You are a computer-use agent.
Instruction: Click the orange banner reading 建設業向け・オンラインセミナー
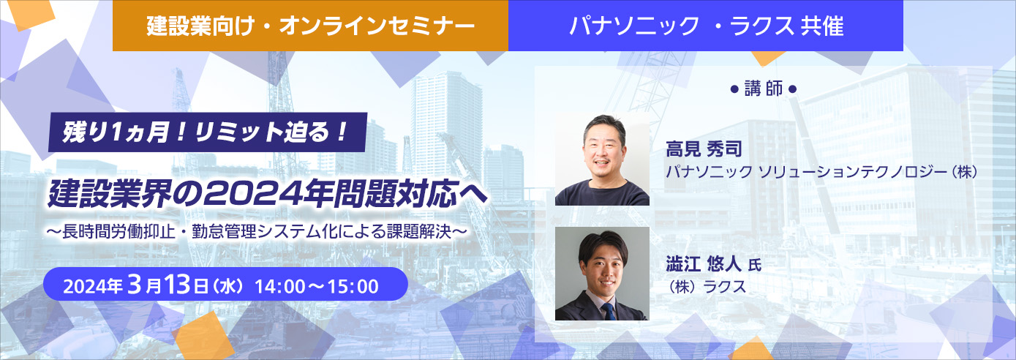[310, 26]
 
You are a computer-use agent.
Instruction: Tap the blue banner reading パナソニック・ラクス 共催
[705, 26]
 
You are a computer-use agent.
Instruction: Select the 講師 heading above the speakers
[764, 89]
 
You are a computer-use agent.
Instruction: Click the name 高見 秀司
[704, 149]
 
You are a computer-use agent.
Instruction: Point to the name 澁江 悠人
[704, 263]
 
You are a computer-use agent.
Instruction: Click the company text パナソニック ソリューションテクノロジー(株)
[821, 172]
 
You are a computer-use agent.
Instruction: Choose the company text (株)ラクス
[706, 287]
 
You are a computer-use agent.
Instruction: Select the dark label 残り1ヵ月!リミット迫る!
[207, 132]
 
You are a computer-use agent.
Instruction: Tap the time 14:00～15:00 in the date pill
[317, 286]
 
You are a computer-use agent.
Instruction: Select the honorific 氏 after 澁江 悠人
[755, 265]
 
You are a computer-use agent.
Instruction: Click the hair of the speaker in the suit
[603, 245]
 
